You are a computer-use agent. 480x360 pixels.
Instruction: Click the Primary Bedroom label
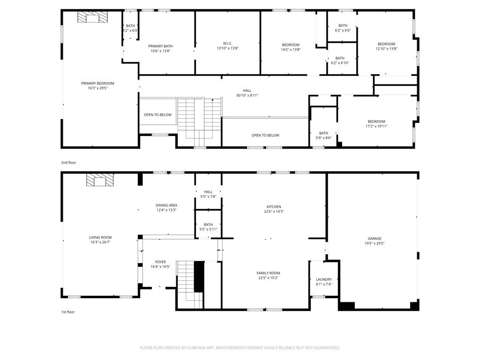click(x=97, y=83)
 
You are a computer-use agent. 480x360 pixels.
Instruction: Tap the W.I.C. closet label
click(x=227, y=43)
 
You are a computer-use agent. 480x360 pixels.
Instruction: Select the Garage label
click(x=374, y=239)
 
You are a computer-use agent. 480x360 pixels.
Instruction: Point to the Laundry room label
click(x=323, y=279)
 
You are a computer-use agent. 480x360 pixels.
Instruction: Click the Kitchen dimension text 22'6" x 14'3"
click(x=274, y=211)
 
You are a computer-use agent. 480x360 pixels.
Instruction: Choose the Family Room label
click(x=268, y=273)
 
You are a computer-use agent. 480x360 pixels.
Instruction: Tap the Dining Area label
click(x=166, y=205)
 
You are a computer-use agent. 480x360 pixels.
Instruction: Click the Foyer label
click(x=160, y=262)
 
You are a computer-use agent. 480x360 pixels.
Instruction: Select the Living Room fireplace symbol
click(x=100, y=180)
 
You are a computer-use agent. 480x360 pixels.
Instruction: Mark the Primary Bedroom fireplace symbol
click(x=92, y=17)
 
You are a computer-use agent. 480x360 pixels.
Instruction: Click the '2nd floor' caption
click(x=68, y=163)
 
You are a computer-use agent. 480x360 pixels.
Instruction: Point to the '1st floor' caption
click(x=68, y=312)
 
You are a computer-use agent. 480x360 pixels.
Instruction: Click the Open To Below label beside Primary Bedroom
click(x=157, y=115)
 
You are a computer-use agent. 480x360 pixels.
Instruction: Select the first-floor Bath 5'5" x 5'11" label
click(x=208, y=227)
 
